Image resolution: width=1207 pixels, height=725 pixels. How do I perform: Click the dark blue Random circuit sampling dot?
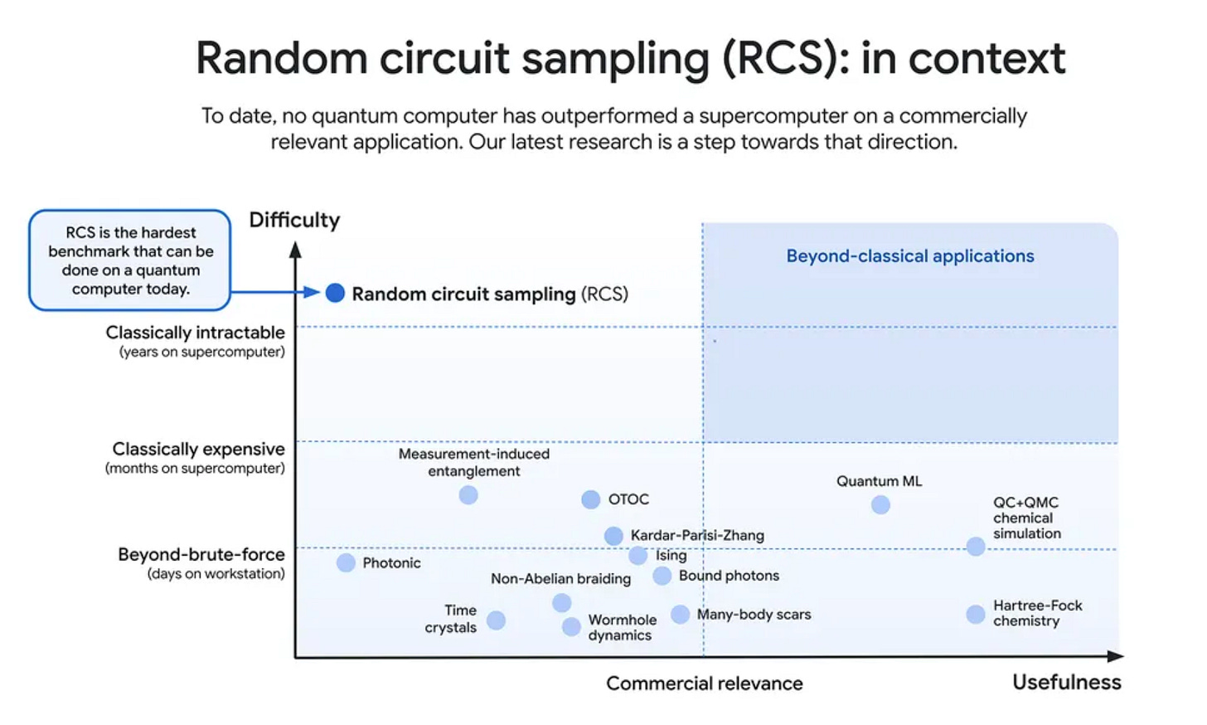pyautogui.click(x=335, y=293)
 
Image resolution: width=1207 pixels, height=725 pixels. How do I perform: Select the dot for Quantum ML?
pyautogui.click(x=880, y=504)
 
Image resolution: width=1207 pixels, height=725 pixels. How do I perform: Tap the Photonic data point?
pyautogui.click(x=346, y=563)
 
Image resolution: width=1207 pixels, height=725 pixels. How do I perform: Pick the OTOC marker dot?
pyautogui.click(x=590, y=499)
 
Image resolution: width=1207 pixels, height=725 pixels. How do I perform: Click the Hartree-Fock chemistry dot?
pyautogui.click(x=976, y=614)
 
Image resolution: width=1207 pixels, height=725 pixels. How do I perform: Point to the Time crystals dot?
pyautogui.click(x=496, y=620)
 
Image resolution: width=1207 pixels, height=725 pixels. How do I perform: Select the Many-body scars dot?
pyautogui.click(x=680, y=614)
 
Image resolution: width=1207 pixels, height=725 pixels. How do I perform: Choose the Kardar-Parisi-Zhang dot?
pyautogui.click(x=613, y=536)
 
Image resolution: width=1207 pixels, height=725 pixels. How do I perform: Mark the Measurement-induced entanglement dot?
pyautogui.click(x=468, y=495)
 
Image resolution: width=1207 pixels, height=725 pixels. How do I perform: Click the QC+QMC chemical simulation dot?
pyautogui.click(x=976, y=547)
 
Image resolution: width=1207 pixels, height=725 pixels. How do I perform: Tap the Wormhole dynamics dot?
pyautogui.click(x=571, y=627)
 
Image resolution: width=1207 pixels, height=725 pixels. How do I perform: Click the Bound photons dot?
pyautogui.click(x=662, y=576)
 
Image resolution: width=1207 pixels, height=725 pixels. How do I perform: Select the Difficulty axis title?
pyautogui.click(x=294, y=220)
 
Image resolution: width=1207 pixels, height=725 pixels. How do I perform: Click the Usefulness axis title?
pyautogui.click(x=1066, y=682)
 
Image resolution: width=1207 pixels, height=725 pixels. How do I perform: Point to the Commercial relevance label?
pyautogui.click(x=704, y=683)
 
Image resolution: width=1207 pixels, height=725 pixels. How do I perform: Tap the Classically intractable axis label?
pyautogui.click(x=195, y=333)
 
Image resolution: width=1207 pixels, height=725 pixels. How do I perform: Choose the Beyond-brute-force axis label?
pyautogui.click(x=201, y=554)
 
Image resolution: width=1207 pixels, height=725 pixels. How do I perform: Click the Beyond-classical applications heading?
pyautogui.click(x=909, y=256)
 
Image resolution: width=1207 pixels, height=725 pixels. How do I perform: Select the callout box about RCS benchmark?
pyautogui.click(x=130, y=260)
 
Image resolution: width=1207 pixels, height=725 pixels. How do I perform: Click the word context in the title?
pyautogui.click(x=986, y=58)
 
